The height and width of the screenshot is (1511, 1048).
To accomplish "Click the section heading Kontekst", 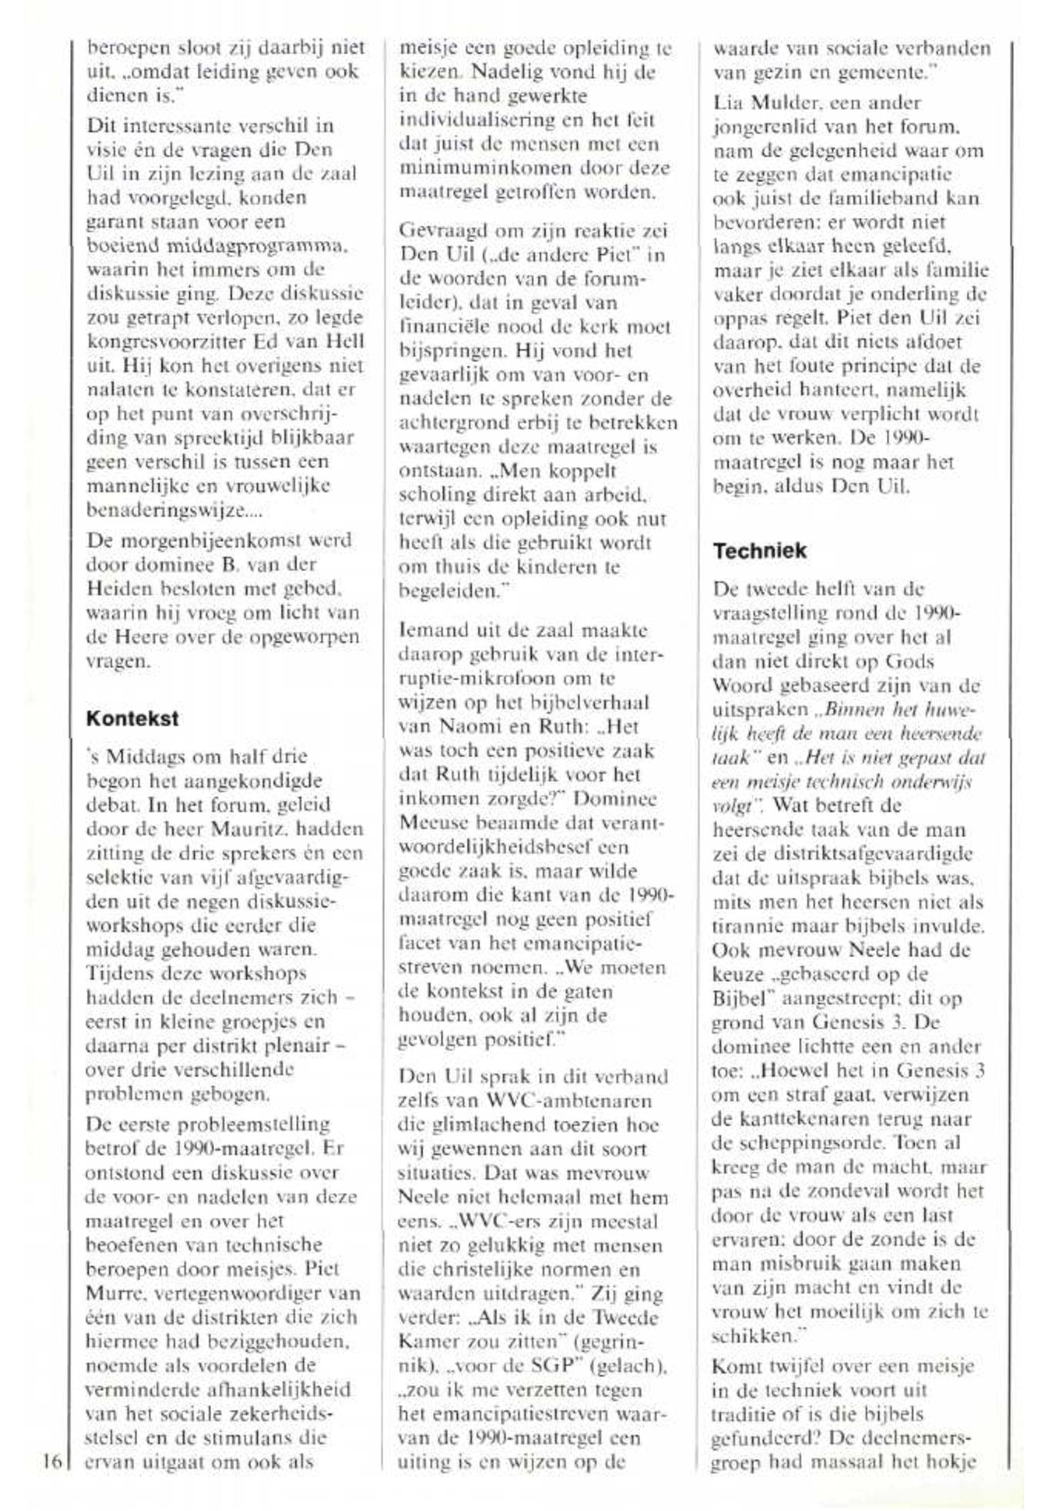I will (132, 719).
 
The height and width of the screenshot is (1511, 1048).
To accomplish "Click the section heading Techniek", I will (760, 551).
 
